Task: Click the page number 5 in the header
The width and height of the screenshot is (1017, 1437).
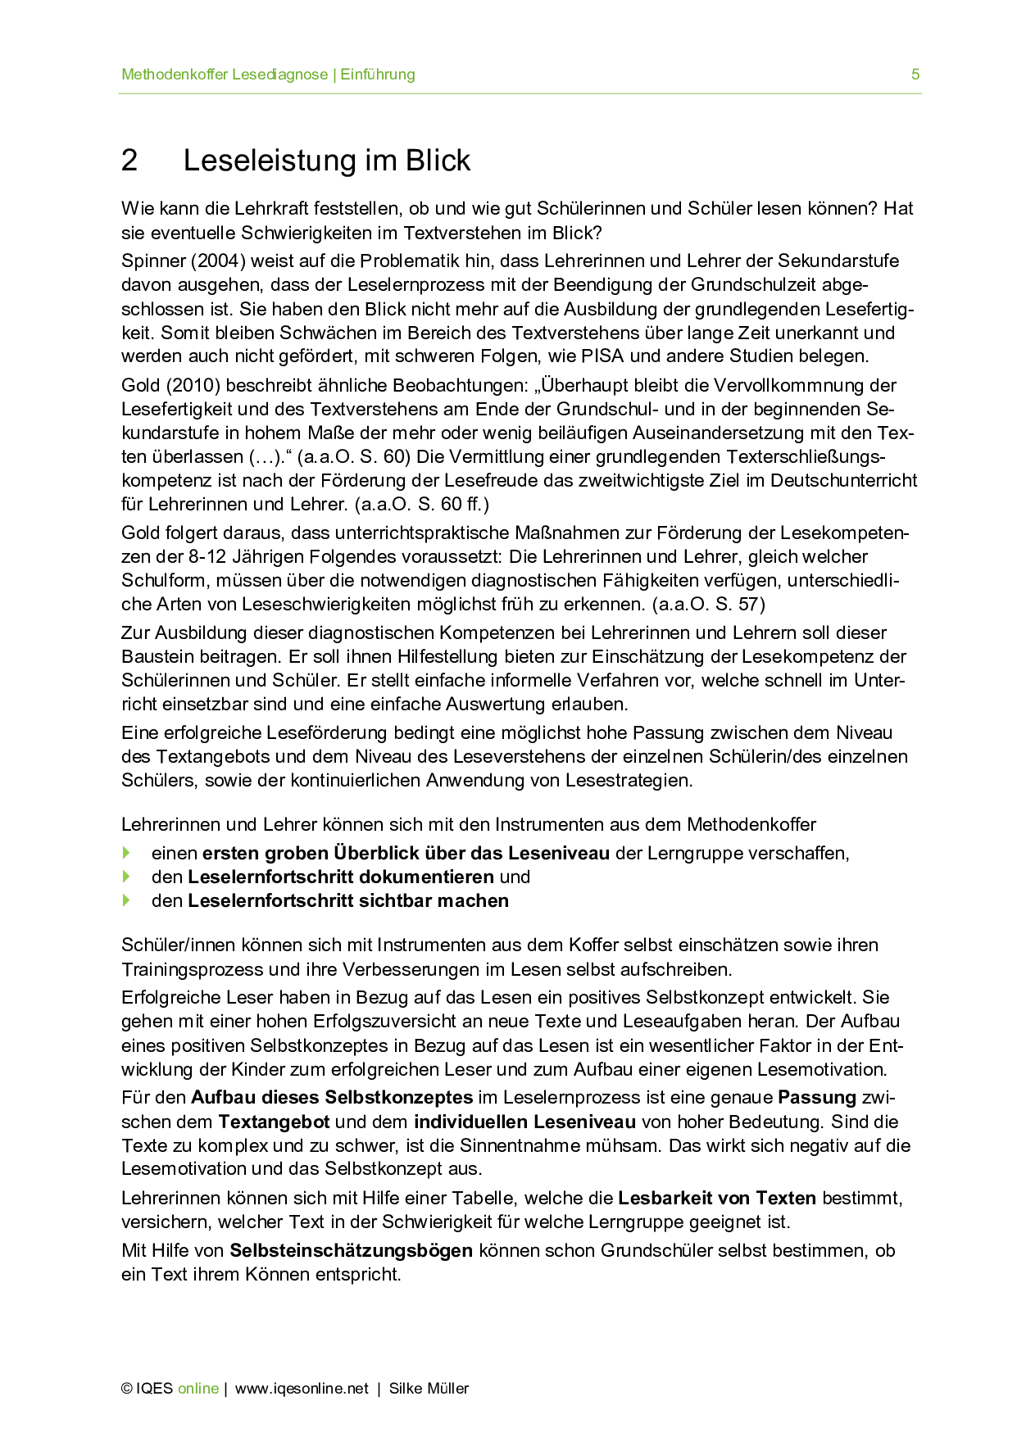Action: [x=915, y=75]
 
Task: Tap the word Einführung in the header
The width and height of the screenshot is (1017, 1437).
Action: [x=378, y=75]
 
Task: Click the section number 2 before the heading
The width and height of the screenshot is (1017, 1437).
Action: [x=129, y=161]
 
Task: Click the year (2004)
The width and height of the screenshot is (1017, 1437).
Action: [x=218, y=261]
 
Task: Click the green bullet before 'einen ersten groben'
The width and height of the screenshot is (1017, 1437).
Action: [x=126, y=853]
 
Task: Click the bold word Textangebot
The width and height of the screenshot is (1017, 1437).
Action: [x=274, y=1122]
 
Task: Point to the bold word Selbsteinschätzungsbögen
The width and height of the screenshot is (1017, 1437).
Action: [x=351, y=1251]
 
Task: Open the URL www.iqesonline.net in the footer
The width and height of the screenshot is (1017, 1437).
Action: [x=302, y=1389]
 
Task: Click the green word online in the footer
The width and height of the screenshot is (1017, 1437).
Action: [x=198, y=1389]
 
